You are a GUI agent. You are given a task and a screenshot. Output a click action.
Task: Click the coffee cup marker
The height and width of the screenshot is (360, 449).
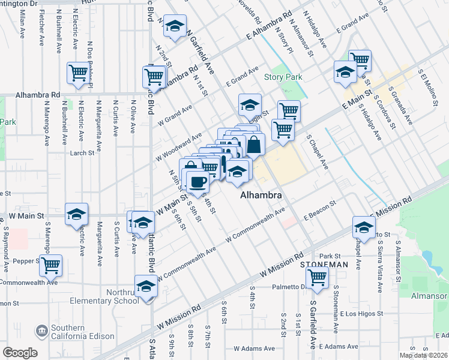pos(197,182)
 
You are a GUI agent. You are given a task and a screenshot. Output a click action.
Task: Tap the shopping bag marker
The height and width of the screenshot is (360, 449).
pos(255,144)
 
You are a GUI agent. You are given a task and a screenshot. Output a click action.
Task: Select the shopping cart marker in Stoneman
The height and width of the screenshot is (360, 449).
pos(316,277)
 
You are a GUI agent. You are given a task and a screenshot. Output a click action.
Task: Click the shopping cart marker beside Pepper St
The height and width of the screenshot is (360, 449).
pos(52,263)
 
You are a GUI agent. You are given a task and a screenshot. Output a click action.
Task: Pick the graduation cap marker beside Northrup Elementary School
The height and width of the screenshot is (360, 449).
pos(146,286)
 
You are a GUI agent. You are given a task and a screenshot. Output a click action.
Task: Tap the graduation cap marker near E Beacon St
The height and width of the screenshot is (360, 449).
pos(364,227)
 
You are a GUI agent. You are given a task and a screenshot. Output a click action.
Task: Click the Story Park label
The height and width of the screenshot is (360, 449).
pos(283,77)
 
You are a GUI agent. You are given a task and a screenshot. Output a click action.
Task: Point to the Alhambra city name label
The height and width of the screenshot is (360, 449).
pos(261,196)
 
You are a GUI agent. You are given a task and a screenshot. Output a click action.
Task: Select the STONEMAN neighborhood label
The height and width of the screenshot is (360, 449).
pos(324,264)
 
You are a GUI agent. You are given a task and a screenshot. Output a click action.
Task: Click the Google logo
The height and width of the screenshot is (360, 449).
pos(20,353)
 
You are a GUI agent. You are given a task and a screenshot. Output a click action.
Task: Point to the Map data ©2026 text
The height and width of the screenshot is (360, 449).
pos(423,355)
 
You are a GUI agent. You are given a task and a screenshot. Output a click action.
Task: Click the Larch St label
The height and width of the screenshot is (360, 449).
pos(82,153)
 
